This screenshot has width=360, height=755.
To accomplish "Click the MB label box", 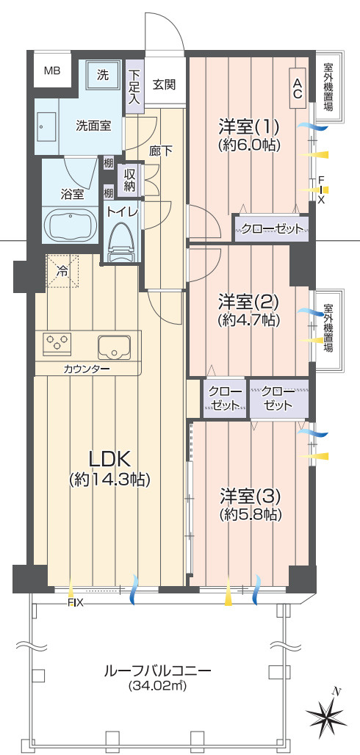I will pos(51,71).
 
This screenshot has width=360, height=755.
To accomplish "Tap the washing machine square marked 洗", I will pos(104,74).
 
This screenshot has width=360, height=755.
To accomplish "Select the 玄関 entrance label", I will pos(164,84).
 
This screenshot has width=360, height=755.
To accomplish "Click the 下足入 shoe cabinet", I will pos(134,86).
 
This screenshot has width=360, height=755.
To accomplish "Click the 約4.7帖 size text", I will pos(249,320).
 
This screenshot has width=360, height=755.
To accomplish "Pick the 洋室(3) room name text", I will pos(249,494).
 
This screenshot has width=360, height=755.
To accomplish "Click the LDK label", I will pos(109,460).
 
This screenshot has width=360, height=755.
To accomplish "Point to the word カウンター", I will pos(87,368).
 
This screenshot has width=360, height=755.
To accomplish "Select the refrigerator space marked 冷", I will pos(62,270).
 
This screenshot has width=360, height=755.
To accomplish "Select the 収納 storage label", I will pos(130,180).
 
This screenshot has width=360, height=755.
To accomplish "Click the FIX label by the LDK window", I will pos(76,603).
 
